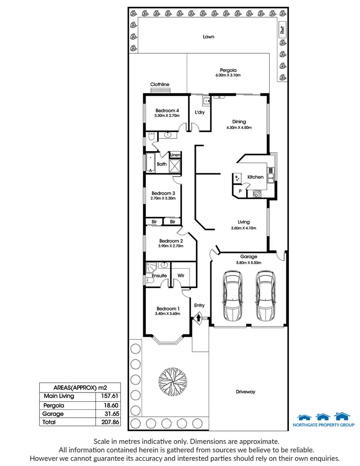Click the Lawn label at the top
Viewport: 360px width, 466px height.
click(208, 36)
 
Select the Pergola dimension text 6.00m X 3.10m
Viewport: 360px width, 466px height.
click(228, 75)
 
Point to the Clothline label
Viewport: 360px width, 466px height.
click(159, 84)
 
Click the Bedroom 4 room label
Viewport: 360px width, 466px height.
click(167, 110)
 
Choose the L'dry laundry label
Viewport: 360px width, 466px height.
click(200, 112)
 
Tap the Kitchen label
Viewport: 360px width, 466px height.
click(255, 177)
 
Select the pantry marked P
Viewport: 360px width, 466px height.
click(239, 191)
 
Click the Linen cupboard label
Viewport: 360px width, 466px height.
click(175, 155)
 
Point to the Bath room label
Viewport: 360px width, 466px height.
click(162, 164)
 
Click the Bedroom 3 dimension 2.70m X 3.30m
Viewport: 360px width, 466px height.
click(163, 198)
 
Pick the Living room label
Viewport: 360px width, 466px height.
click(244, 222)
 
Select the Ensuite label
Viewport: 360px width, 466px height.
click(159, 275)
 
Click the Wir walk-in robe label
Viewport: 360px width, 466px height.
click(181, 275)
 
